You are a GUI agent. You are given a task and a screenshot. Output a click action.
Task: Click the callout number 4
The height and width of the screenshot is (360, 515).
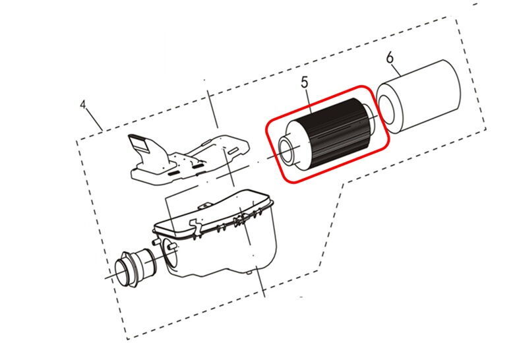(83, 105)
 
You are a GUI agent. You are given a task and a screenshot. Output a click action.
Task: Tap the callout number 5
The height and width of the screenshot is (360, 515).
(305, 82)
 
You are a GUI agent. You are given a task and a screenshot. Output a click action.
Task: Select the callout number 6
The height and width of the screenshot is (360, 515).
(390, 58)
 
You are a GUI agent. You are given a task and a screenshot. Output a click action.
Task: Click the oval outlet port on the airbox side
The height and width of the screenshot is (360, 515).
(170, 253)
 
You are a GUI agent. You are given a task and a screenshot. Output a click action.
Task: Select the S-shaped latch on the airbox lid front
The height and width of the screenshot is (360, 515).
(195, 227)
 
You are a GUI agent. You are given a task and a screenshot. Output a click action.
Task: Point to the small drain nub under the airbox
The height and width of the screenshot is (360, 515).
(249, 272)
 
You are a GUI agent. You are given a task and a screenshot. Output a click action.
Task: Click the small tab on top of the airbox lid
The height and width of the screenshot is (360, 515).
(204, 205)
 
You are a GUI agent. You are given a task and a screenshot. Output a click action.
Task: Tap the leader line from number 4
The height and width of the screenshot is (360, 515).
(94, 120)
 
